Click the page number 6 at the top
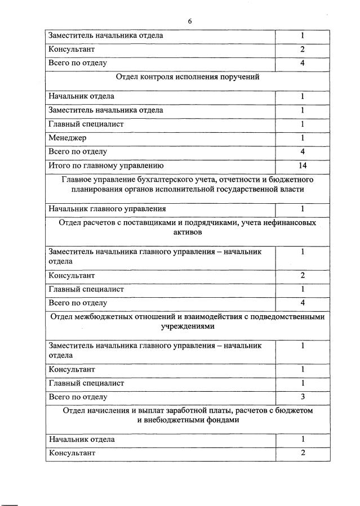pos(190,21)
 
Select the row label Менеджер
pos(68,138)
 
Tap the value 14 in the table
pos(302,165)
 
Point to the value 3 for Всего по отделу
pos(302,397)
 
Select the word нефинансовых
pos(289,222)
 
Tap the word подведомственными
pos(290,316)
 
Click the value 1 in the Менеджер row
pos(302,138)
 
